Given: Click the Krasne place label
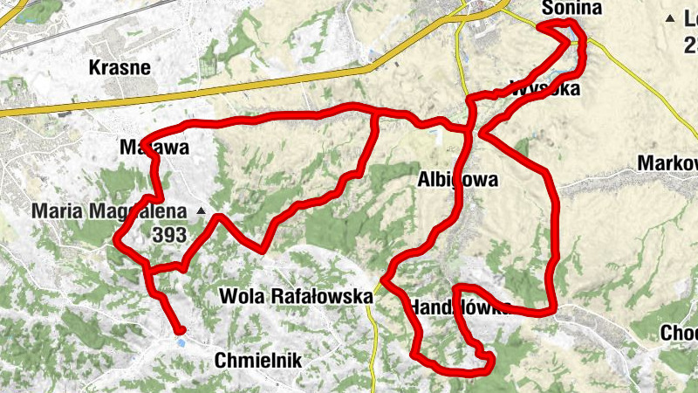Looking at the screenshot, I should pos(120,67).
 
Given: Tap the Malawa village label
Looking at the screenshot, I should pos(154,148).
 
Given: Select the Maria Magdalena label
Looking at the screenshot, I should pos(109,210).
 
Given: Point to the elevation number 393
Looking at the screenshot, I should pos(169,234).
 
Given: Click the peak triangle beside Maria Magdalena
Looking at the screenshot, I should pos(202,211).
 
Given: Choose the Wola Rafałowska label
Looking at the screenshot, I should pos(297,296).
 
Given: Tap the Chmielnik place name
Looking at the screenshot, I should pos(258,359).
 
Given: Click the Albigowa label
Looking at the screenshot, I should pos(458,180).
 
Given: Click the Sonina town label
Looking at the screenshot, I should pos(572,9).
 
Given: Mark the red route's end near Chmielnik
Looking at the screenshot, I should pos(181,330).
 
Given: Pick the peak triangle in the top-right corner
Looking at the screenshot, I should pos(670,18).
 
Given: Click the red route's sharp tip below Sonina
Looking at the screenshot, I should pos(540,27).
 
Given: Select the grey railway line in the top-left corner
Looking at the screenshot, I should pos(52,31).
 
